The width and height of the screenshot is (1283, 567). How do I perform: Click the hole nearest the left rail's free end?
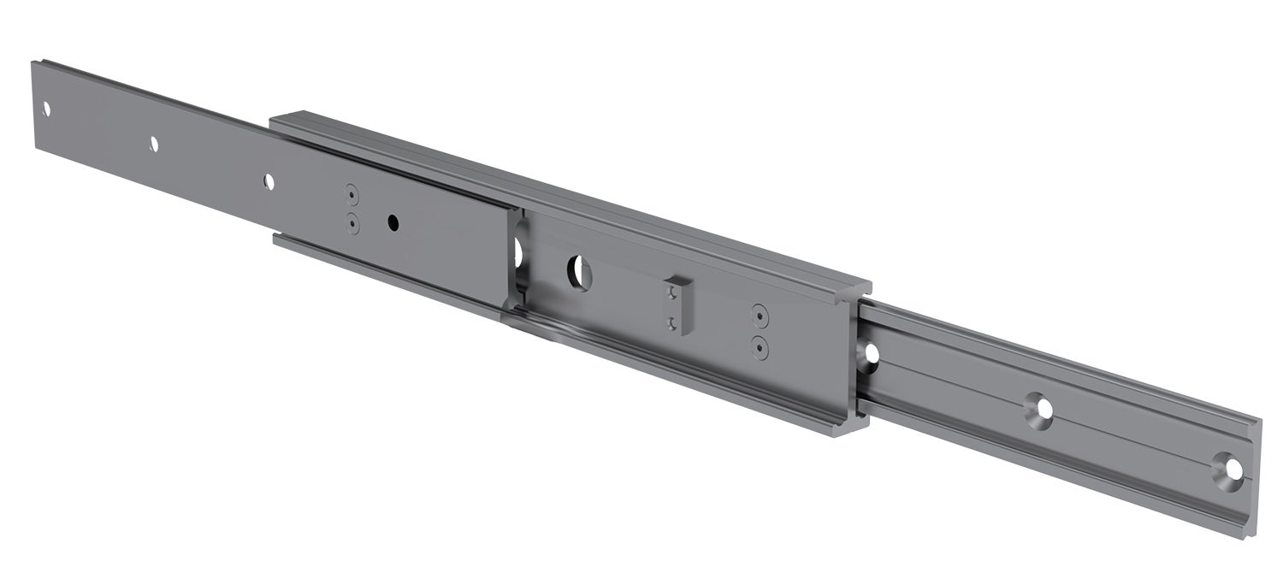pyautogui.click(x=46, y=109)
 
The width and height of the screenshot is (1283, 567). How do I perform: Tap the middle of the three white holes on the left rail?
pyautogui.click(x=154, y=144)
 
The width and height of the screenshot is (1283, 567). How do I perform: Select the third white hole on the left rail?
pyautogui.click(x=269, y=180)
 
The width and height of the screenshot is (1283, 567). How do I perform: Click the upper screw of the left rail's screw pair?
pyautogui.click(x=351, y=192)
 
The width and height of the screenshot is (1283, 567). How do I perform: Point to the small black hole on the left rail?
pyautogui.click(x=393, y=222)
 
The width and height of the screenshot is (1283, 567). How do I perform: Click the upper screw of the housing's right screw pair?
pyautogui.click(x=759, y=315)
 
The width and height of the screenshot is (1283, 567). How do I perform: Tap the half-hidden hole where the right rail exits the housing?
pyautogui.click(x=872, y=352)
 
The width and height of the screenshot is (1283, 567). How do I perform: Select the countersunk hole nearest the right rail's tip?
pyautogui.click(x=1230, y=470)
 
